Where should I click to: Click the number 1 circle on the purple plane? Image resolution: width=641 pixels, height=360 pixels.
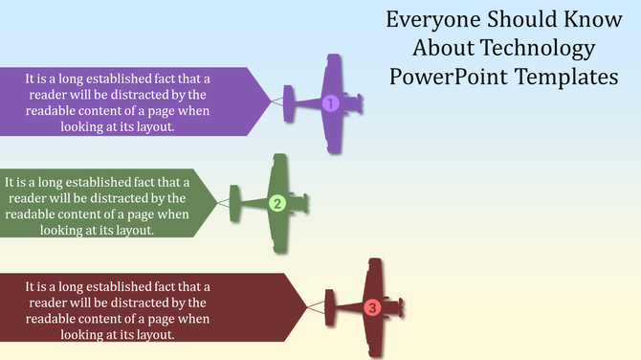pyautogui.click(x=330, y=103)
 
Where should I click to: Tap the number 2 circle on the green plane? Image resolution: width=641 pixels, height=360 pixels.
pyautogui.click(x=276, y=203)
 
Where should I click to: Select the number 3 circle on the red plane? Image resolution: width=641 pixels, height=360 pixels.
pyautogui.click(x=372, y=307)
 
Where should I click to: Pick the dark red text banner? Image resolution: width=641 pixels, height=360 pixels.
pyautogui.click(x=144, y=307)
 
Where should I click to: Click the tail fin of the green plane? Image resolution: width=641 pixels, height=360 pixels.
pyautogui.click(x=237, y=203)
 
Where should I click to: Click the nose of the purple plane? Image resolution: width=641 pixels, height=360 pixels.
pyautogui.click(x=360, y=102)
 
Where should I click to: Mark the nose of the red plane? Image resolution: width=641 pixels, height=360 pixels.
pyautogui.click(x=400, y=307)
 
